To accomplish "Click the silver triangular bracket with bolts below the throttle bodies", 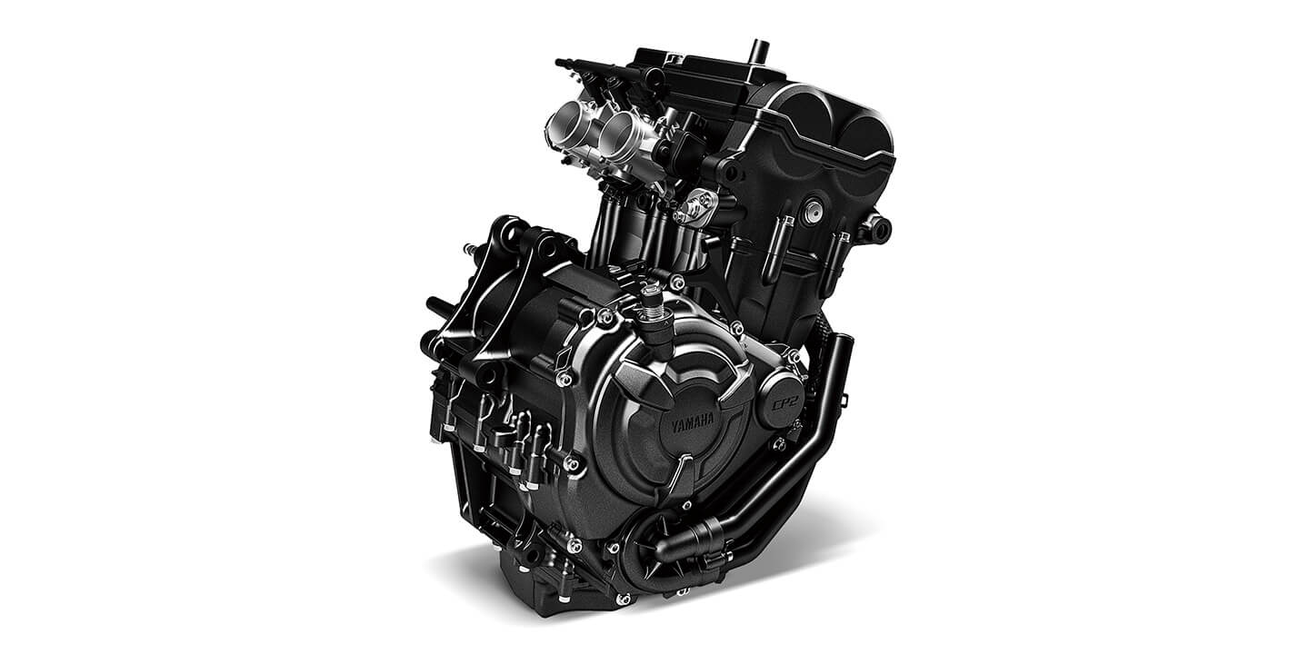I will click(x=695, y=206).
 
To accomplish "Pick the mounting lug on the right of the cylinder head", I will click(x=876, y=228).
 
